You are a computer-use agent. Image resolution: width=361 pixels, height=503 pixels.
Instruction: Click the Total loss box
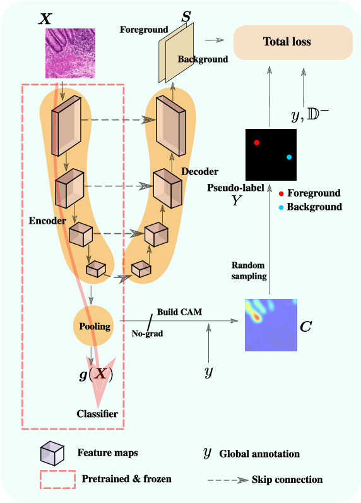coord(292,42)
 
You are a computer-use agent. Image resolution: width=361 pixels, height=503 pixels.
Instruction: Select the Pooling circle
coord(94,326)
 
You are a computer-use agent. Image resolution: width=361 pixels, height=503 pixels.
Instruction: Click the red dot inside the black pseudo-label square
coord(257,143)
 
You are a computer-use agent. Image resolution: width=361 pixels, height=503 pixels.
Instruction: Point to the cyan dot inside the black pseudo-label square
coord(289,157)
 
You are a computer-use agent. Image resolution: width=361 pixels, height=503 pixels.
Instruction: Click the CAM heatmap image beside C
coord(270,324)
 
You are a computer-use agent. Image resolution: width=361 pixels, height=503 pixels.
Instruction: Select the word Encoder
coord(47,221)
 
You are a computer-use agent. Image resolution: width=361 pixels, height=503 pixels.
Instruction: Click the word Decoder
coord(199,171)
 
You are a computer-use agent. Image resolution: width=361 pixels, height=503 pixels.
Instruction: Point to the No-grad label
coord(147,333)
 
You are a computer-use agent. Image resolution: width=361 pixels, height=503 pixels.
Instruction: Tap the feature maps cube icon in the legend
coord(52,452)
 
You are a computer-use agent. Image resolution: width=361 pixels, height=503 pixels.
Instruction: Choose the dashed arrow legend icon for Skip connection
coord(227,480)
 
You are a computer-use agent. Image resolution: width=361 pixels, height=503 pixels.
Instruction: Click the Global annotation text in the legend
coord(259,453)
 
